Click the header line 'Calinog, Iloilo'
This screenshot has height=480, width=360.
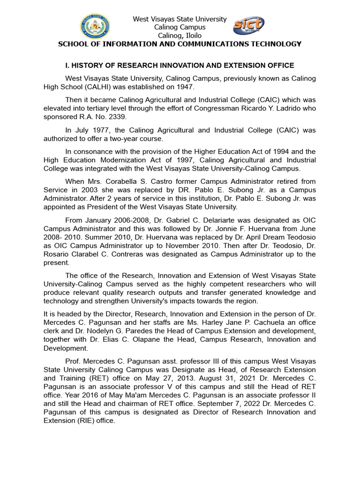[180, 36]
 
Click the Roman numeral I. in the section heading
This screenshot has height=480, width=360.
[66, 65]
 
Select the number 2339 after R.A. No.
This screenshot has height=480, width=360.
[116, 117]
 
